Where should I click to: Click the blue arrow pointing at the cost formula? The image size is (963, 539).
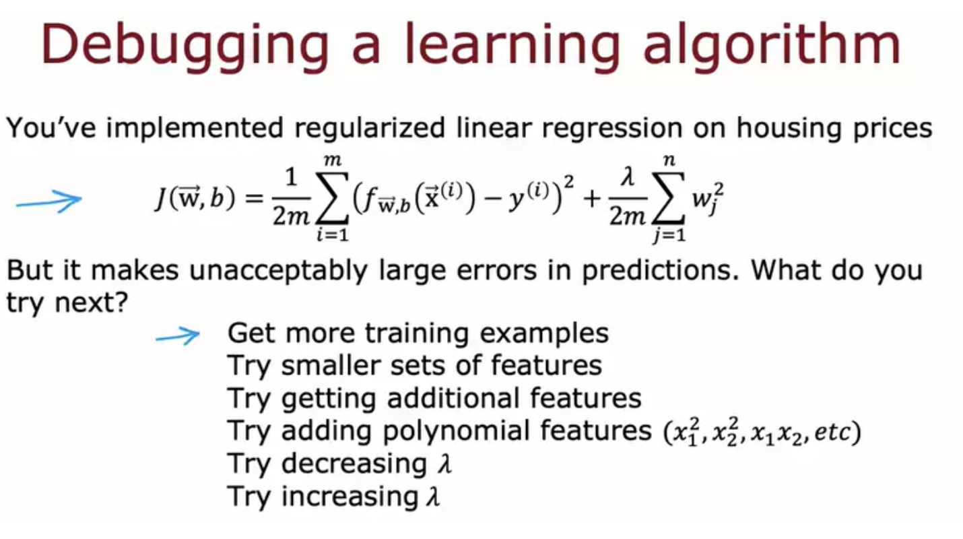[48, 201]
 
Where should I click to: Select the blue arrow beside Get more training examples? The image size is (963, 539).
[178, 336]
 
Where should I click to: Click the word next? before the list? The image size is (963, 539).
[92, 303]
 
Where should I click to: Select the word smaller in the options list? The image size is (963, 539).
[330, 366]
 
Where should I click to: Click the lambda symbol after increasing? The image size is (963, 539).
[434, 497]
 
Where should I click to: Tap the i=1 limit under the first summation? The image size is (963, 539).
[332, 235]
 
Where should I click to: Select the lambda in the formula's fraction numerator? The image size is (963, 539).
[628, 177]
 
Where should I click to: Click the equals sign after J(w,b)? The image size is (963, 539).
[254, 199]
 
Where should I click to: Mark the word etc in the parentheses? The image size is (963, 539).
[832, 433]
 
